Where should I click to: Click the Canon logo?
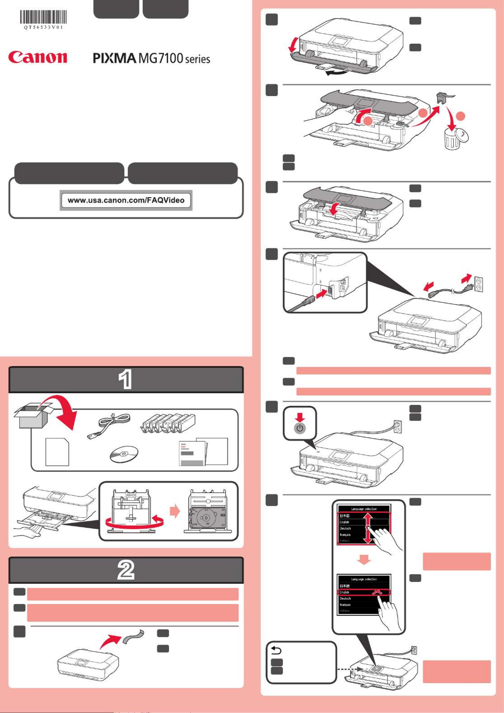pyautogui.click(x=37, y=57)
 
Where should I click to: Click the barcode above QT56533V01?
pyautogui.click(x=43, y=17)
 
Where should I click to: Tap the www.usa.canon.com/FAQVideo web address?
pyautogui.click(x=126, y=200)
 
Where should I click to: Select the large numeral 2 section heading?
pyautogui.click(x=126, y=570)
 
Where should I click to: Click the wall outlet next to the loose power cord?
pyautogui.click(x=478, y=284)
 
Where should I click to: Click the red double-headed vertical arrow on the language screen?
pyautogui.click(x=367, y=528)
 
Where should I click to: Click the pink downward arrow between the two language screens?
pyautogui.click(x=364, y=560)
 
